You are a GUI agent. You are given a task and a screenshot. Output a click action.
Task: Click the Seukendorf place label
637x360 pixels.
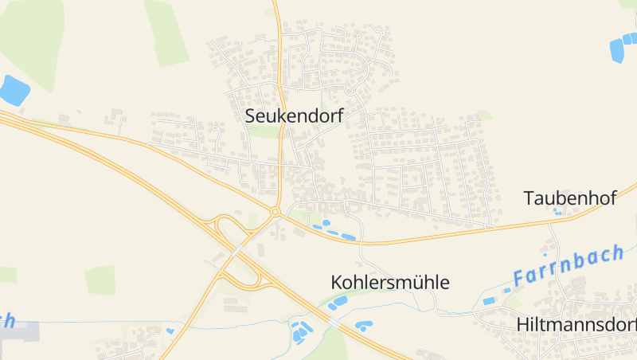coord(294,115)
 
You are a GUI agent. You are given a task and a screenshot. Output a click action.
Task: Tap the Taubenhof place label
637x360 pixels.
coord(570,198)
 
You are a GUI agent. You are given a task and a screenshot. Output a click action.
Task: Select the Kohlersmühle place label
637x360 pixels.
coord(390,282)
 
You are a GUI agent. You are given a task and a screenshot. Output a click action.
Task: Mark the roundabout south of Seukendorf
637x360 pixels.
coord(276,212)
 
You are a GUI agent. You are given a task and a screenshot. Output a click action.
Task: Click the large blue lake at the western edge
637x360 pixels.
coord(13,90)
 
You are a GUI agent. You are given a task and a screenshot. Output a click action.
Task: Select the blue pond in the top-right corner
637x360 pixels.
coord(617,49)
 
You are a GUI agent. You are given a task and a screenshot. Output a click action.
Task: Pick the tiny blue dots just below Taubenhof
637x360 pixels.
coord(557,213)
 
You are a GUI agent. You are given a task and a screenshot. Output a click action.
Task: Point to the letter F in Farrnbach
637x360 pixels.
coord(520,279)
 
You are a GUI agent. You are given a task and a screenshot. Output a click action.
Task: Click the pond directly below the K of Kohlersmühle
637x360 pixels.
coord(338,302)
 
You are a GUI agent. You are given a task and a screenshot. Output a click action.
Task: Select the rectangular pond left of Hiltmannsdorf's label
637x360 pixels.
coord(489,301)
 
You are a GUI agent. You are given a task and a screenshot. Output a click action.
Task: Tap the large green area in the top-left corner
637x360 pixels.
coord(32,32)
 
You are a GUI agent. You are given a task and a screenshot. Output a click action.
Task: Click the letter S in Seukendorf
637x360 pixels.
coord(251,116)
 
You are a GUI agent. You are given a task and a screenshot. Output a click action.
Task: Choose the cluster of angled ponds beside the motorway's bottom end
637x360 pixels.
coord(301,331)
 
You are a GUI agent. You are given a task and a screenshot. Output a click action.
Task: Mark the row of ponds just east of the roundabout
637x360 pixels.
coord(334,233)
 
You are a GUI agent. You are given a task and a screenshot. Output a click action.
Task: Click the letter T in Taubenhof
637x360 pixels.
coord(529,198)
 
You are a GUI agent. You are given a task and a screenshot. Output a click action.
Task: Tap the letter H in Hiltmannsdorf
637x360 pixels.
coord(522,325)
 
